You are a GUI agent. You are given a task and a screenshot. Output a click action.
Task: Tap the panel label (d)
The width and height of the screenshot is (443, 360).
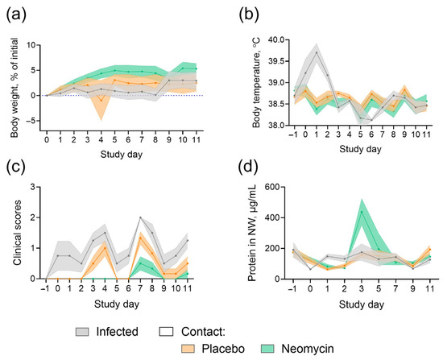point(248,168)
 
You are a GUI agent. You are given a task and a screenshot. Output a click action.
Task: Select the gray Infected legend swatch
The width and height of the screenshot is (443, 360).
point(82,332)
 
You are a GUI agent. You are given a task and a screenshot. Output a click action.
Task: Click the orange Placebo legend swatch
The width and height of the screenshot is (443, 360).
point(188,349)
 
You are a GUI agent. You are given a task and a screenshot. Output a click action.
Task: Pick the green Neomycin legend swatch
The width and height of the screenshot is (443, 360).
point(267,349)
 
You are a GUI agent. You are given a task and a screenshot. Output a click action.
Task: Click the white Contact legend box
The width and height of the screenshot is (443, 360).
point(167,332)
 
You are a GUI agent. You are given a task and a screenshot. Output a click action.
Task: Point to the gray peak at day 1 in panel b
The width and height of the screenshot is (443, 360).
point(317,52)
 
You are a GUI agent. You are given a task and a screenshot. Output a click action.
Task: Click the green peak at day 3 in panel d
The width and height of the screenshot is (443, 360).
point(362,212)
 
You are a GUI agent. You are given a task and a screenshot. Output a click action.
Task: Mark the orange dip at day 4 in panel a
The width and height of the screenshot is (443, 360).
point(101,101)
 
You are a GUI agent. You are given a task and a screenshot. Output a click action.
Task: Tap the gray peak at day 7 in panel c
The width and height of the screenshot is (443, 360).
point(140,217)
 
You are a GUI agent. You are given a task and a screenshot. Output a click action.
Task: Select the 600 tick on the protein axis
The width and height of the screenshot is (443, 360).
point(271,187)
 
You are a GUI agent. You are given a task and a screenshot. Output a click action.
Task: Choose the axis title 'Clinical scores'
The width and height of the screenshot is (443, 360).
point(18,233)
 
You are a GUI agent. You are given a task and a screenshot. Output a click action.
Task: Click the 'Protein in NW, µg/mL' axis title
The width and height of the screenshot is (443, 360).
point(252,233)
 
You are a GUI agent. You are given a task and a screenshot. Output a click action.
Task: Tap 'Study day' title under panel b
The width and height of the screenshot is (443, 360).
point(360,149)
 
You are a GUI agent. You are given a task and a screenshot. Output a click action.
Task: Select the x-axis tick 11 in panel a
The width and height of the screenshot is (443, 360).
point(196,139)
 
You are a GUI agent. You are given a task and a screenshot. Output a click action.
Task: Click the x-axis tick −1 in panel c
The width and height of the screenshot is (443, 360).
point(46,289)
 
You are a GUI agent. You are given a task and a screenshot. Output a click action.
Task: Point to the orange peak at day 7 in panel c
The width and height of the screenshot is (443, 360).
point(140,238)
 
